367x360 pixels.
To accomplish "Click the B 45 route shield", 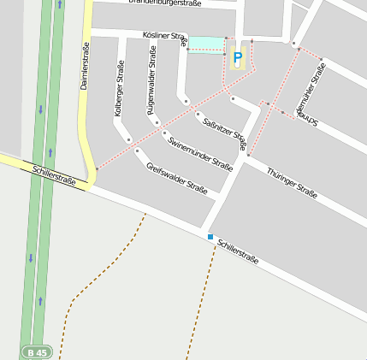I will tap(38, 351).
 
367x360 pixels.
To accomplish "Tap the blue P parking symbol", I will tap(238, 58).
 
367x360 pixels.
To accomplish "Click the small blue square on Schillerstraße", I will tap(210, 236).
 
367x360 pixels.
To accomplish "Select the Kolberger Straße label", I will tap(119, 88).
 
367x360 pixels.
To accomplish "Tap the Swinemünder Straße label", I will tap(200, 153).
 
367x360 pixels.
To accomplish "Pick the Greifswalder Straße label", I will tap(177, 178).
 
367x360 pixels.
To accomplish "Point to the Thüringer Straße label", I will tap(292, 184).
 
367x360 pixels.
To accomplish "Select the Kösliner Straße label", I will tap(162, 37).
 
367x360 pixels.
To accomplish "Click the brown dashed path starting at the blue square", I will tap(202, 299).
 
